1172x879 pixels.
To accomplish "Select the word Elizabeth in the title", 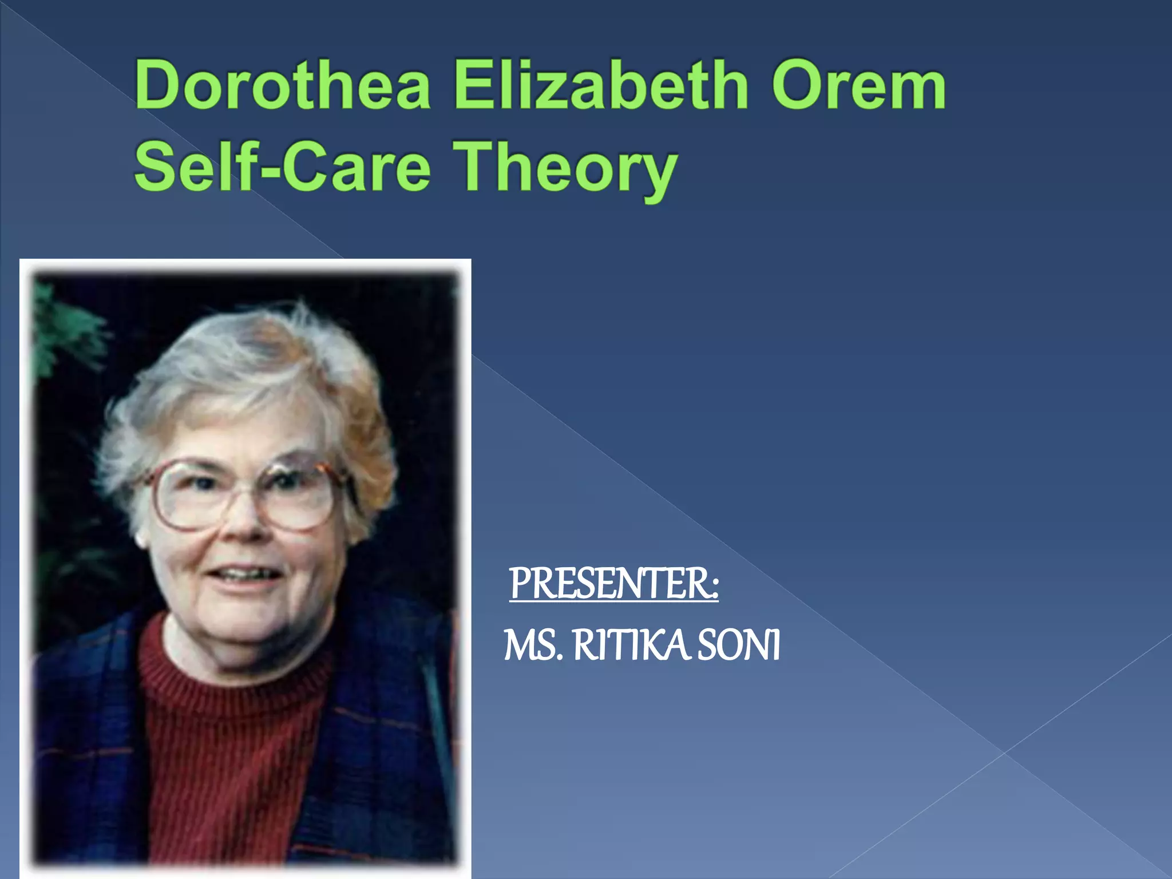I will coord(601,86).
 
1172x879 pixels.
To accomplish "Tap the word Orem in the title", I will coord(858,86).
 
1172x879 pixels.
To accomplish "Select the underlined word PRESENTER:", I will coord(614,584).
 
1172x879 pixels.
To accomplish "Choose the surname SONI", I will coord(739,646).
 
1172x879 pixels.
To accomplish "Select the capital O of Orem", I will coord(798,86).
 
